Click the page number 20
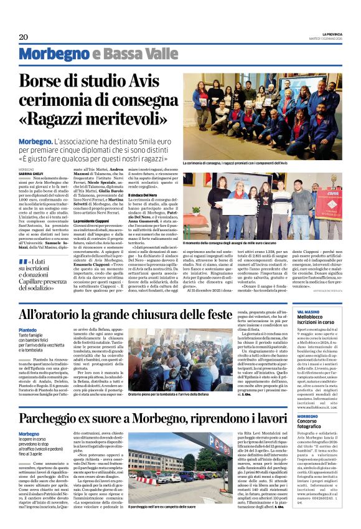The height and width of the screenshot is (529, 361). [x=24, y=37]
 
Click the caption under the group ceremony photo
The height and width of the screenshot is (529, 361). [x=245, y=163]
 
